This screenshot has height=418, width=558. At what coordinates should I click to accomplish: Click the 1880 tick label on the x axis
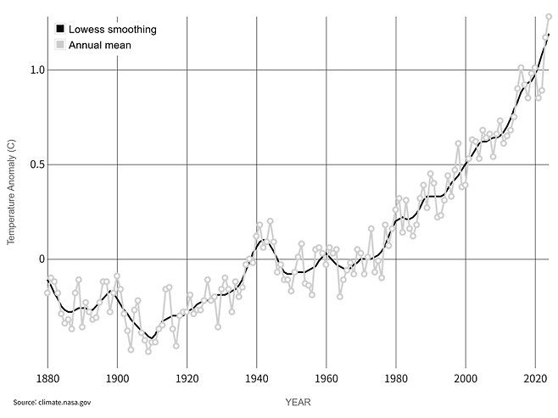click(47, 378)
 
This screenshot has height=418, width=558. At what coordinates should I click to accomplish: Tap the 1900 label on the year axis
click(117, 378)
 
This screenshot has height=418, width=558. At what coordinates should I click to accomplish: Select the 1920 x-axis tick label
click(187, 378)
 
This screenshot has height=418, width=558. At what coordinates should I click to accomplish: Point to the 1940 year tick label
click(257, 378)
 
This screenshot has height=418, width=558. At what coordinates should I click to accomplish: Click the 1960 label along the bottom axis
click(326, 378)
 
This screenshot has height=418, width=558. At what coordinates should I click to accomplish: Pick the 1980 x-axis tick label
click(396, 378)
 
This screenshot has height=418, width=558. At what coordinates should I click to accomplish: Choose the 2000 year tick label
click(466, 378)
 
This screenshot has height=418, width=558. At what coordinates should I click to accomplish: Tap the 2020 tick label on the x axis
click(535, 378)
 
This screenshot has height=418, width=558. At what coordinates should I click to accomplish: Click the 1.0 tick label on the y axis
click(37, 70)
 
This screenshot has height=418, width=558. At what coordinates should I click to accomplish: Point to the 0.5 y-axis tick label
click(37, 164)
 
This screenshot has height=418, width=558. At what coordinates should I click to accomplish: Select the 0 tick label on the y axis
click(42, 259)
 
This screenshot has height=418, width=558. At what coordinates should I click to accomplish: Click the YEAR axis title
click(298, 403)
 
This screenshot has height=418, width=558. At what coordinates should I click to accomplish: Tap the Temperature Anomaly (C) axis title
click(11, 192)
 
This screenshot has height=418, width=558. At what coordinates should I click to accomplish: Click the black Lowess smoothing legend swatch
click(60, 29)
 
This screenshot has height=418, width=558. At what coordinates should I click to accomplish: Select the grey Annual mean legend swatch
click(60, 45)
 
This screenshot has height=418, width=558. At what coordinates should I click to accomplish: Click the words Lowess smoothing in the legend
click(113, 29)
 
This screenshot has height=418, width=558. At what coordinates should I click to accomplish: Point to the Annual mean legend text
click(100, 45)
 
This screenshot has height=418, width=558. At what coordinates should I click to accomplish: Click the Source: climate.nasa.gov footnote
click(52, 403)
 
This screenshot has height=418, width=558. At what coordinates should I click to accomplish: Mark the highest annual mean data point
click(549, 17)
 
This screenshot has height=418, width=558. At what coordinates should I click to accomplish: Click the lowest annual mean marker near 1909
click(148, 352)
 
